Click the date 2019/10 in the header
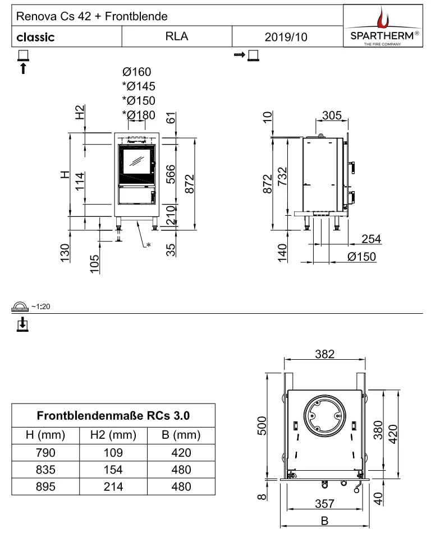(x=286, y=37)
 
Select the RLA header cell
(x=177, y=36)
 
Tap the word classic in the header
(x=35, y=37)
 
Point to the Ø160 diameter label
(x=136, y=72)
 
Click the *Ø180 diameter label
(x=139, y=115)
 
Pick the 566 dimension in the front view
(x=171, y=174)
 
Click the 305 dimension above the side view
(x=332, y=115)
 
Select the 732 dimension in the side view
(x=283, y=177)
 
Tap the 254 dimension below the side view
(x=371, y=239)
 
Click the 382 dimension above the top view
(x=324, y=354)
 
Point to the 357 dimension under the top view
(x=324, y=504)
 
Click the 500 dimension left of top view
(x=262, y=426)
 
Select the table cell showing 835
(x=45, y=470)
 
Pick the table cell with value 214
(x=113, y=486)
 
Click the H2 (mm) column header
(x=113, y=435)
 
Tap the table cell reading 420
(x=181, y=453)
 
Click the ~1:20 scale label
(x=41, y=307)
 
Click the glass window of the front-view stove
(x=137, y=162)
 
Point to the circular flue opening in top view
(x=324, y=416)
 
